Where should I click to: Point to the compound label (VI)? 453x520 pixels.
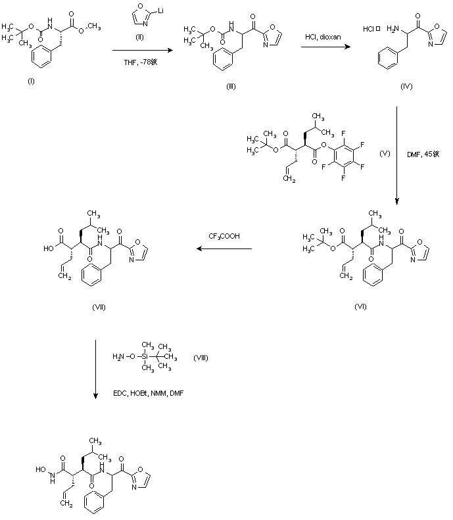click(360, 306)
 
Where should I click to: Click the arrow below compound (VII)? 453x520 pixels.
click(96, 369)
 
